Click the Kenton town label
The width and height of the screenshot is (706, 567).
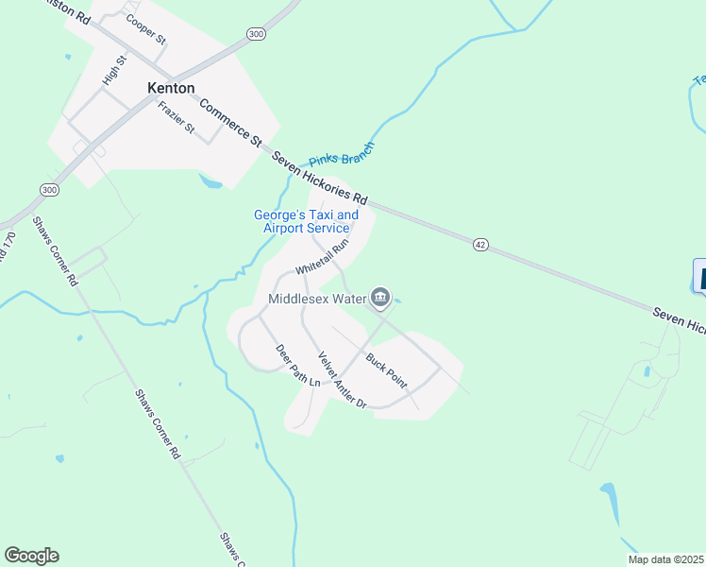(x=171, y=88)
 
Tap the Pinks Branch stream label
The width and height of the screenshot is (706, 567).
(x=342, y=154)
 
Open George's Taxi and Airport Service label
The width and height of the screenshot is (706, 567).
(x=306, y=221)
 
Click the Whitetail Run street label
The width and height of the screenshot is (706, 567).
(x=322, y=256)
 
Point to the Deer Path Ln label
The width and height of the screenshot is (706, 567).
(x=298, y=366)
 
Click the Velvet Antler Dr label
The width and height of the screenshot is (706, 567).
(x=341, y=379)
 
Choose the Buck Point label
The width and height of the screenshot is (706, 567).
(x=386, y=371)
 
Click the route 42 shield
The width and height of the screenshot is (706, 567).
(x=480, y=245)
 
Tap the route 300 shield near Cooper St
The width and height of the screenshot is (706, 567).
(x=256, y=34)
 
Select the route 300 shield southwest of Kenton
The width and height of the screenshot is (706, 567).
(x=49, y=190)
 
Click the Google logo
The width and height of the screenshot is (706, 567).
(x=31, y=556)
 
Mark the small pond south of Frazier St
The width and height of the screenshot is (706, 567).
(x=210, y=180)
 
